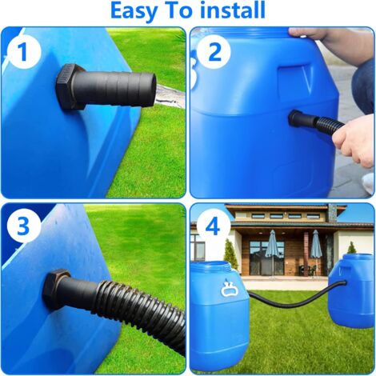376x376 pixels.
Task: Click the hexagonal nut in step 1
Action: click(x=71, y=86)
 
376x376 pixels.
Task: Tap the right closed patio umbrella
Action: click(x=315, y=246)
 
